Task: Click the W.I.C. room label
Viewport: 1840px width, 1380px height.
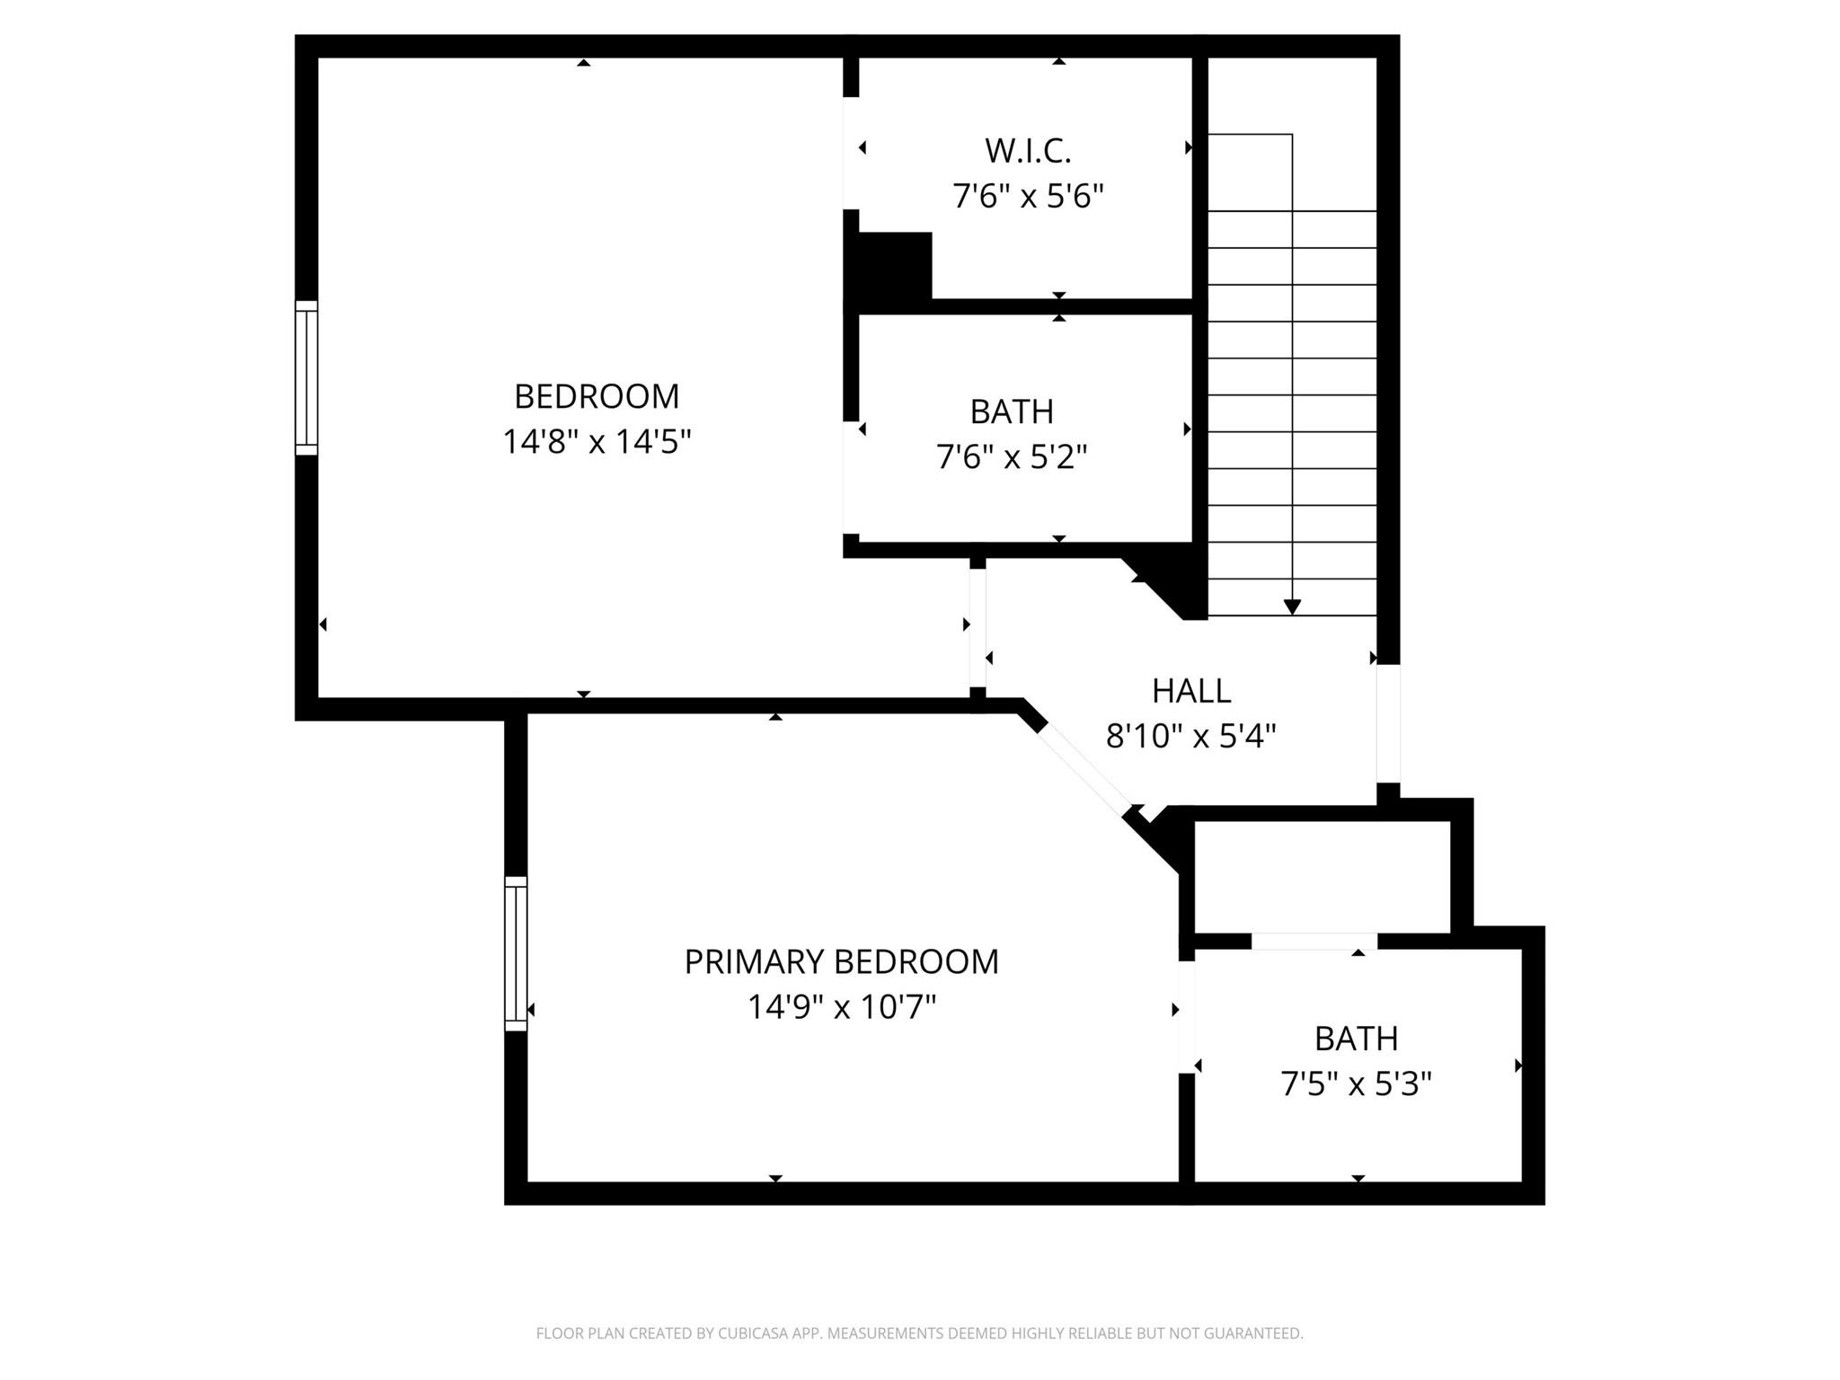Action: [1028, 151]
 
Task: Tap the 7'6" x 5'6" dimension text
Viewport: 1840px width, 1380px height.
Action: [1028, 196]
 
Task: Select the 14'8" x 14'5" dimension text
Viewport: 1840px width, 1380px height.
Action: [597, 442]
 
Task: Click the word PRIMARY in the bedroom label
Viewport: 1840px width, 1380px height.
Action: [747, 961]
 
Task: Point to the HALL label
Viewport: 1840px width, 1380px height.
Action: [1191, 690]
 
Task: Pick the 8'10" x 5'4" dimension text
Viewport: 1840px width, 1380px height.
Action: [1191, 737]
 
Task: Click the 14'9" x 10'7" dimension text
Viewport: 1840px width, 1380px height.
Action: [842, 1007]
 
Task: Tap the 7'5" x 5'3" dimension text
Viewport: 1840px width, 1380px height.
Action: [1356, 1084]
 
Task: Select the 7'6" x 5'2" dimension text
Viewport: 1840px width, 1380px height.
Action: [1012, 457]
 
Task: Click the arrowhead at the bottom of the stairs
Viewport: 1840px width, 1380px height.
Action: [1292, 607]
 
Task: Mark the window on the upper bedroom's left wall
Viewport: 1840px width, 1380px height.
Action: [306, 378]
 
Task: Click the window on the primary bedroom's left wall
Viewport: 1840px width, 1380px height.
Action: [516, 953]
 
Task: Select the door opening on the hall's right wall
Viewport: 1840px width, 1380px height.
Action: [1388, 724]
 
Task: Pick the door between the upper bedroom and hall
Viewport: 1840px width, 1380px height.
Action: [977, 628]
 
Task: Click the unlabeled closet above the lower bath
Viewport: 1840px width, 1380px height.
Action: [1322, 877]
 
